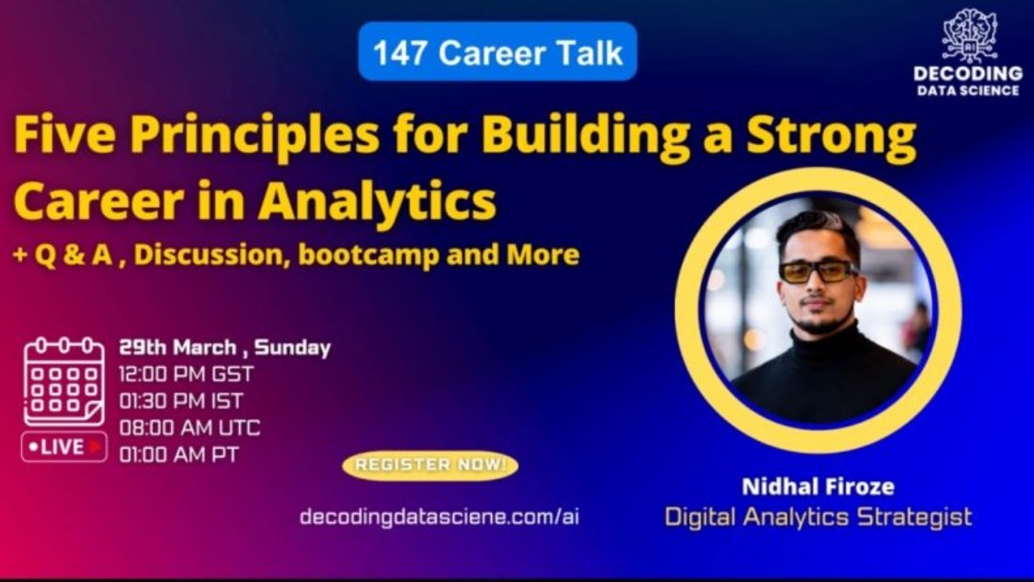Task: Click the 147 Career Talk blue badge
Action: coord(498,52)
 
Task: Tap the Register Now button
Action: coord(430,465)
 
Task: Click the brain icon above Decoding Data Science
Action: coord(969,36)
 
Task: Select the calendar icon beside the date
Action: coord(64,381)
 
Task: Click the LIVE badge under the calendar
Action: coord(64,446)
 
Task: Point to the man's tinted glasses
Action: coord(818,270)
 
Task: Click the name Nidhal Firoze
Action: coord(818,487)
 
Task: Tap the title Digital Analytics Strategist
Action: coord(818,517)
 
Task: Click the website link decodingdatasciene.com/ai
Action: coord(439,517)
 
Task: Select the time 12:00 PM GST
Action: coord(186,374)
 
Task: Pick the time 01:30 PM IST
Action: coord(180,401)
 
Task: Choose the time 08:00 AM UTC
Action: coord(189,428)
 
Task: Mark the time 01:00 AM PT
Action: coord(179,454)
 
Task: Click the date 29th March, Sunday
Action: coord(225,348)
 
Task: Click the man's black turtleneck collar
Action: coord(816,339)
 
